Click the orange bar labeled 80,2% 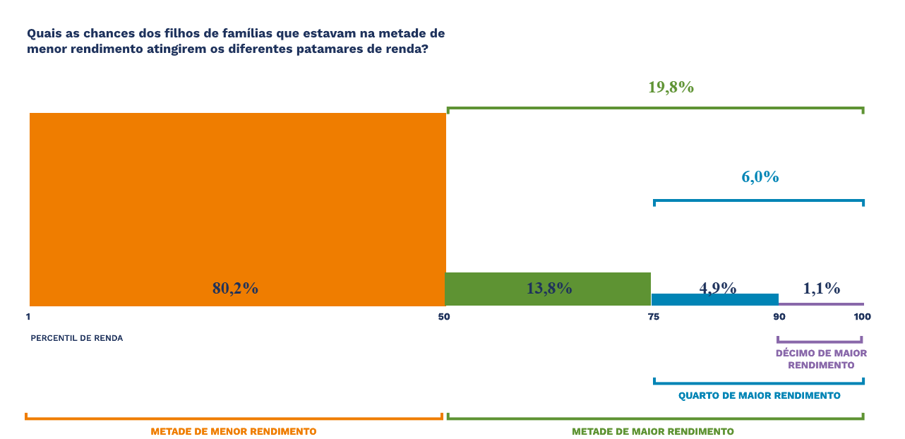(238, 209)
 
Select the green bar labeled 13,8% (548, 289)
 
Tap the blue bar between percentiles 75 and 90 (715, 300)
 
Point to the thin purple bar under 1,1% (822, 304)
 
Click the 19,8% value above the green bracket (671, 88)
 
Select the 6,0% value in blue (760, 177)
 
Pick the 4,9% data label (717, 287)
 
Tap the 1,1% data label (822, 289)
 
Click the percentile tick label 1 (28, 317)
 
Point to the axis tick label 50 (444, 317)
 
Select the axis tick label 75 (653, 317)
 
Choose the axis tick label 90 (779, 317)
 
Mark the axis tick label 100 (862, 317)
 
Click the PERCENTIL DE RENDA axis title (77, 338)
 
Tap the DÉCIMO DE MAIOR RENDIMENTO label (822, 359)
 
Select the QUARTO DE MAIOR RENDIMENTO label (759, 395)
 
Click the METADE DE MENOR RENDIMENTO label (234, 431)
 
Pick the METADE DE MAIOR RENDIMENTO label (653, 431)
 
